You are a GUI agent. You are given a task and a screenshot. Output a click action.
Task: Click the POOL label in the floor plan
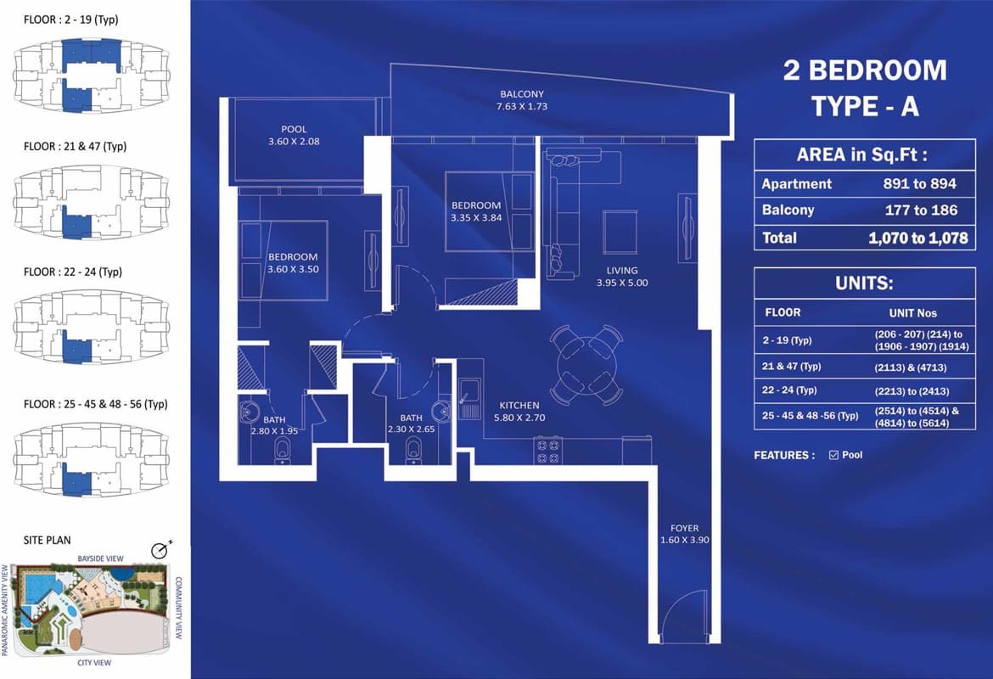(x=294, y=135)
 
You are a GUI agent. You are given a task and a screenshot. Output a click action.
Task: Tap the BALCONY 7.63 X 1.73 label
(x=522, y=100)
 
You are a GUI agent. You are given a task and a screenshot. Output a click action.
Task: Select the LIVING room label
(x=622, y=276)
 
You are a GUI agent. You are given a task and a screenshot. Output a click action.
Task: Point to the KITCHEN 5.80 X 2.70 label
(x=519, y=411)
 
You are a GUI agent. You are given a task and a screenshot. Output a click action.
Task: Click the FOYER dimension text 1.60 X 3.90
(x=685, y=541)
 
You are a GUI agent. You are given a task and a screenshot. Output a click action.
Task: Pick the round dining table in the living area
(x=586, y=365)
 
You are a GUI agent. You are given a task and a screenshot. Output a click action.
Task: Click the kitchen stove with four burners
(x=547, y=451)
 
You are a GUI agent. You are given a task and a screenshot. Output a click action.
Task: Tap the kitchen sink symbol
(x=470, y=398)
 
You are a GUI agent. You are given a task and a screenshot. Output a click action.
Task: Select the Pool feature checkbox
(x=833, y=455)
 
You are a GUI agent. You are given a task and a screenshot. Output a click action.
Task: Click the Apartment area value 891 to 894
(x=919, y=183)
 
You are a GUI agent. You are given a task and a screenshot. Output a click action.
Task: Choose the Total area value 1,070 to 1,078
(x=918, y=238)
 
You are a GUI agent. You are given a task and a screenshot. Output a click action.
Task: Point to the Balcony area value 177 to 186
(x=921, y=210)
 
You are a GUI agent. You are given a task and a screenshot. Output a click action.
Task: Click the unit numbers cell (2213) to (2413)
(x=912, y=390)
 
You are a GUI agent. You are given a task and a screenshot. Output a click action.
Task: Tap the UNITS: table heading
(x=864, y=283)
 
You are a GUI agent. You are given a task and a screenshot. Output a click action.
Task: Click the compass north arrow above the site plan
(x=161, y=548)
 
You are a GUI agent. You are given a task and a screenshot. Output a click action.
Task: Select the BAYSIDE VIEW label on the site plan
(x=101, y=558)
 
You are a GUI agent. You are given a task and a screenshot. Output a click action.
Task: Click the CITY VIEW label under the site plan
(x=94, y=663)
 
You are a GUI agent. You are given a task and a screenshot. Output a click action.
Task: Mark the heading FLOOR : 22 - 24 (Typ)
(x=73, y=272)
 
